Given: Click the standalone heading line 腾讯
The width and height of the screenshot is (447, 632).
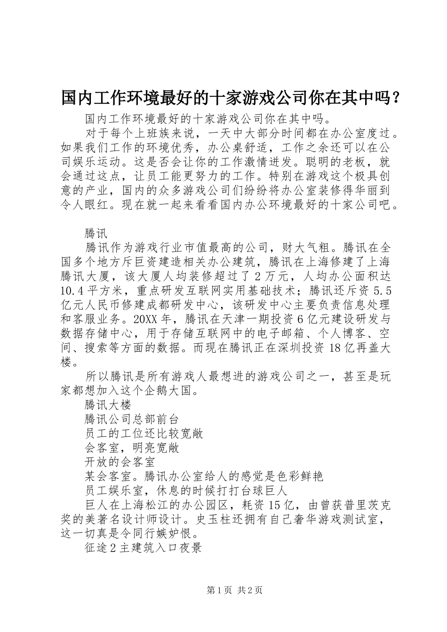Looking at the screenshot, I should click(x=96, y=233).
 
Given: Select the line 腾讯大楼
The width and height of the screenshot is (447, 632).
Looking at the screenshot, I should click(x=108, y=404).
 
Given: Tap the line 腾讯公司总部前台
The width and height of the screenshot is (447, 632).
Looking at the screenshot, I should click(x=132, y=419).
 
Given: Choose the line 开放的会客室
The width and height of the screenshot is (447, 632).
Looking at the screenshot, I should click(x=120, y=462).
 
